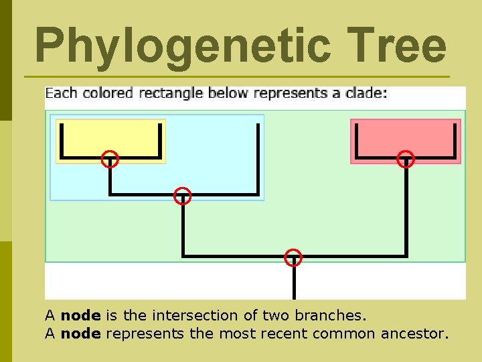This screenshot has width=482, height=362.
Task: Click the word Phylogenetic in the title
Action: click(x=182, y=46)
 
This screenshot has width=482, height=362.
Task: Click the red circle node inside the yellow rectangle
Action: click(x=110, y=160)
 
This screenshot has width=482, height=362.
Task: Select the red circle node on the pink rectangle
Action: click(x=406, y=160)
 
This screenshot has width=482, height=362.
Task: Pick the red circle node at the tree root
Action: click(x=293, y=257)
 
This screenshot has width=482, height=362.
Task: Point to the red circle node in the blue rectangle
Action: click(x=182, y=196)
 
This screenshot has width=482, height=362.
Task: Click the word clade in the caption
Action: click(x=364, y=93)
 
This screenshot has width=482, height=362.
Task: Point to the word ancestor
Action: click(x=414, y=333)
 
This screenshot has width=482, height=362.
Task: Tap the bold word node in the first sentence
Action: click(x=80, y=315)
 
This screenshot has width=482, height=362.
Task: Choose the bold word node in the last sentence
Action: click(x=80, y=333)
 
